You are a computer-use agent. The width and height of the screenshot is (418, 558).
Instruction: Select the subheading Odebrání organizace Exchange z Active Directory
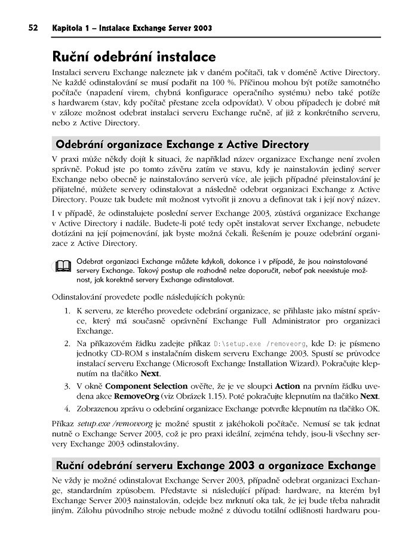[x=182, y=144]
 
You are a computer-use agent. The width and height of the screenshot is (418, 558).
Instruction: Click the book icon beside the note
[x=63, y=267]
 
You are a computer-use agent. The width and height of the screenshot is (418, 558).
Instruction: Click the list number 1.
[x=67, y=312]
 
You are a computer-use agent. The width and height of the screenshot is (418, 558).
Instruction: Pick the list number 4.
[x=67, y=408]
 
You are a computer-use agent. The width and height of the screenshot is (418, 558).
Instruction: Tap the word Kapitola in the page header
[x=69, y=28]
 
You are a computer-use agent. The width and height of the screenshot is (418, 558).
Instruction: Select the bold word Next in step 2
[x=150, y=374]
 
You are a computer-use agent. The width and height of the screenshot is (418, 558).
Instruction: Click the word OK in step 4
[x=374, y=408]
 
